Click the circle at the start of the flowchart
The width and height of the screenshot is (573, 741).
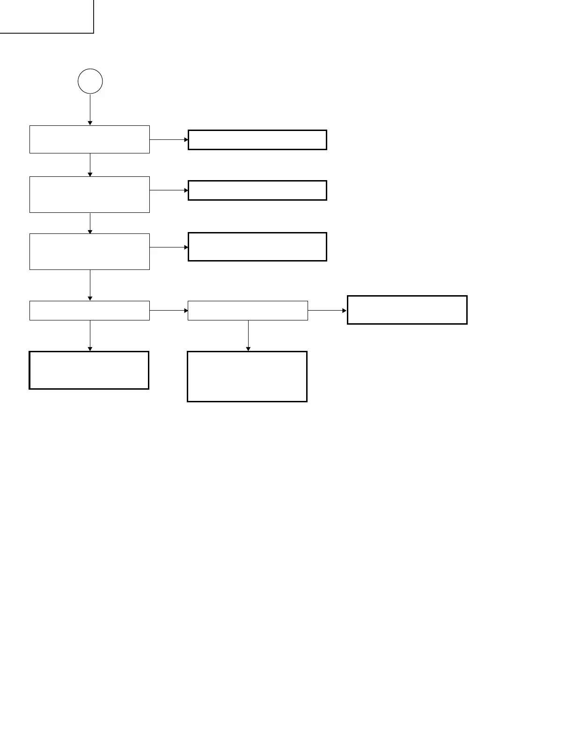90,81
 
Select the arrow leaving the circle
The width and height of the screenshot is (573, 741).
90,109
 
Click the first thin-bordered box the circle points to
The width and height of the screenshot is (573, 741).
89,139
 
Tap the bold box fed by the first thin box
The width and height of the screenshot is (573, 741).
257,140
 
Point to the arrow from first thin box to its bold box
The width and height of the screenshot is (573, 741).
169,139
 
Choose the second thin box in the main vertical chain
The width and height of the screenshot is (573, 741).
89,195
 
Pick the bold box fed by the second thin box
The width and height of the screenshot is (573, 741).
257,190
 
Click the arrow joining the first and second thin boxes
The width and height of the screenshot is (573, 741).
90,165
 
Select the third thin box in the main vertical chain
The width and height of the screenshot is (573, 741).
89,252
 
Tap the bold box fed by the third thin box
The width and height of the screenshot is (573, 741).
257,247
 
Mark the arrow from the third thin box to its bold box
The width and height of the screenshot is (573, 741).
169,247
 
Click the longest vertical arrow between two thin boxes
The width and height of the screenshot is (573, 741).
90,285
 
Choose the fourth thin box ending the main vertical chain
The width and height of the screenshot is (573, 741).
89,311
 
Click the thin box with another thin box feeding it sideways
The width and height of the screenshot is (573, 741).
248,311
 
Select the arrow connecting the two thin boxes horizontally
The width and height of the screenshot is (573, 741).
169,310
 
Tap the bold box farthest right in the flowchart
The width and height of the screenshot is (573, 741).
407,310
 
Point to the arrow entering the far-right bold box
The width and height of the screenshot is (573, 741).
327,310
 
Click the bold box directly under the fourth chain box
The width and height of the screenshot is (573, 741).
89,370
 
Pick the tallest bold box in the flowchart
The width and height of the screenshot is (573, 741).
247,377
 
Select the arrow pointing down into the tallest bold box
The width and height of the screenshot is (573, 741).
248,335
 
